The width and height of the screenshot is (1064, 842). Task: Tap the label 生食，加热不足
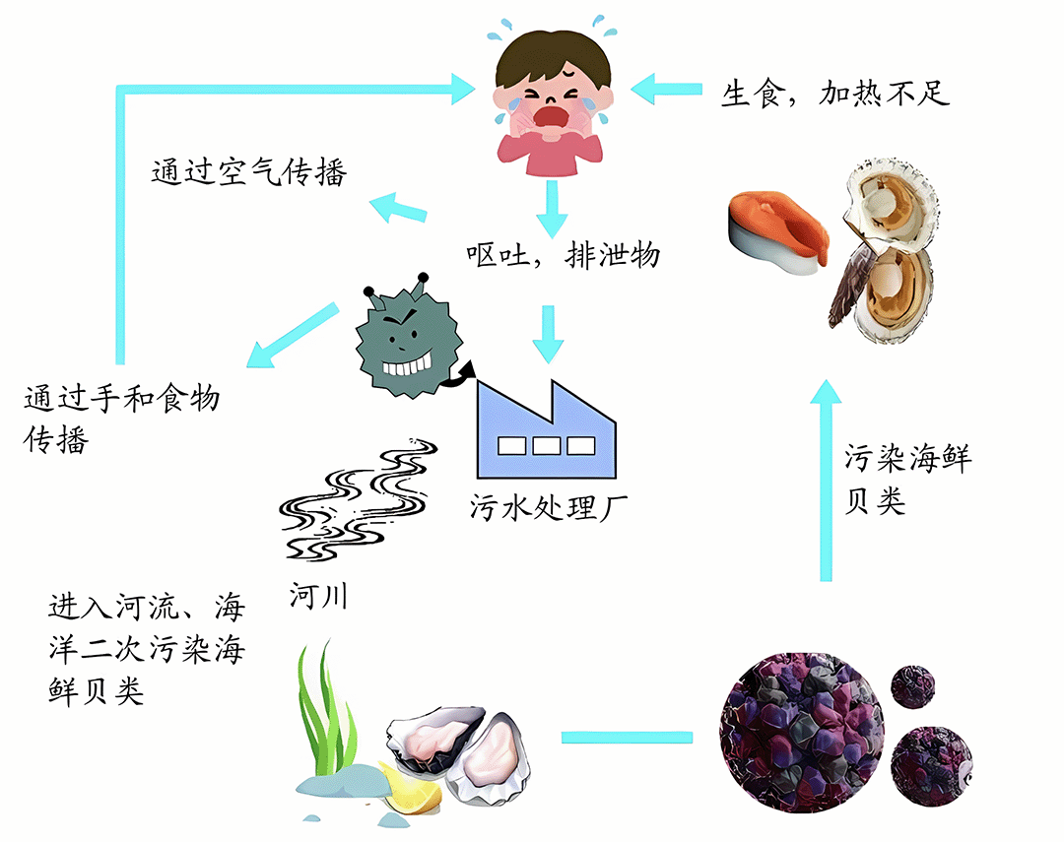(834, 93)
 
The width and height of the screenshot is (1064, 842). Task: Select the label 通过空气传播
(249, 171)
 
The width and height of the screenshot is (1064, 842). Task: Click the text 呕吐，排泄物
(563, 256)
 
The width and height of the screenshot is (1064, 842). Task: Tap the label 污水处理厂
(549, 507)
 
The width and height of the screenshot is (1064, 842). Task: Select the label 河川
(318, 597)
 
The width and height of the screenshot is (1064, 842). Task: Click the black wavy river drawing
(358, 498)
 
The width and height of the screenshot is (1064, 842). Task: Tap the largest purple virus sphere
(801, 733)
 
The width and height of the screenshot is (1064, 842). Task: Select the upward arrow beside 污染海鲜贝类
(826, 480)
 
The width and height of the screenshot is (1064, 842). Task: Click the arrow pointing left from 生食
(666, 89)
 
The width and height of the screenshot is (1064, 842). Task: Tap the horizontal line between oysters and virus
(627, 738)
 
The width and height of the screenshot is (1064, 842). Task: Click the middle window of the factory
(546, 446)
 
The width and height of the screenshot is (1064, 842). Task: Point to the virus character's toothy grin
(407, 365)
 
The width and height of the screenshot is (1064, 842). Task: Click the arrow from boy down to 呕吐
(552, 209)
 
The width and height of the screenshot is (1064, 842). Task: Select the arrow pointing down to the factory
(549, 334)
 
